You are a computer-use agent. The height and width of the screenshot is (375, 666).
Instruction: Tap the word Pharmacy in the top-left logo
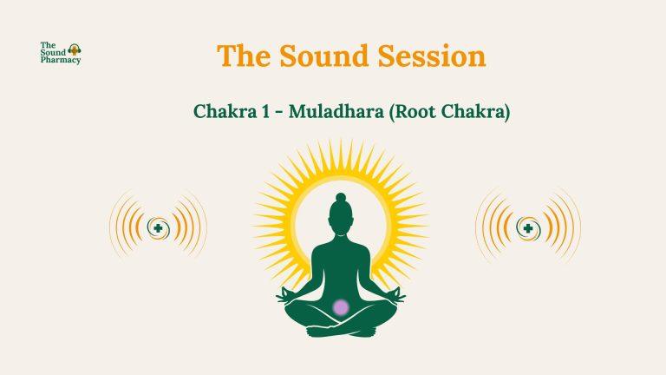(x=60, y=61)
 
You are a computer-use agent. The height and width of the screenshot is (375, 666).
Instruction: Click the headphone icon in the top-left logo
(x=74, y=50)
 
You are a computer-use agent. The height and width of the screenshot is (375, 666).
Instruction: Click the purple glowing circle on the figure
(x=342, y=306)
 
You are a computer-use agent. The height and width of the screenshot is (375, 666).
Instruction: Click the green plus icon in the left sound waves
(x=158, y=228)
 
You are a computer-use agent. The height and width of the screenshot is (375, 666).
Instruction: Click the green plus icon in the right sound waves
(x=527, y=228)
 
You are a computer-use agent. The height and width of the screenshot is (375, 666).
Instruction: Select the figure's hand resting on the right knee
(x=397, y=298)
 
